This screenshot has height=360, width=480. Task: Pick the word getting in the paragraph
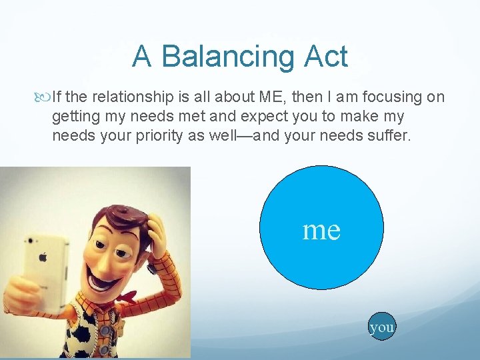point(72,117)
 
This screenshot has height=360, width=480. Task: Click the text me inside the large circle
point(321,229)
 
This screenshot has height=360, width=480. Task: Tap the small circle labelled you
point(382,327)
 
